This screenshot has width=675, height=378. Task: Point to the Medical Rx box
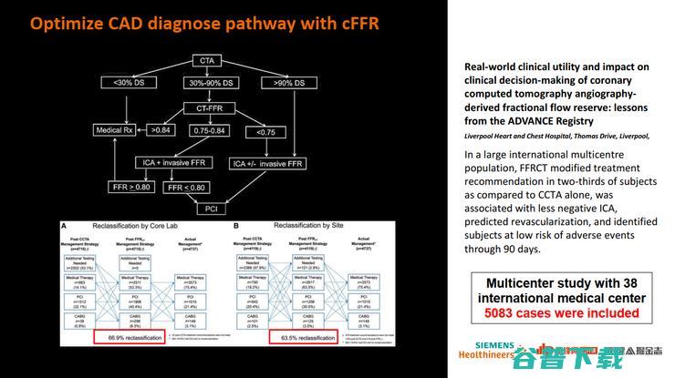pyautogui.click(x=115, y=130)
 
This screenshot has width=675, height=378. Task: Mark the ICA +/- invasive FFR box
pyautogui.click(x=268, y=164)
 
